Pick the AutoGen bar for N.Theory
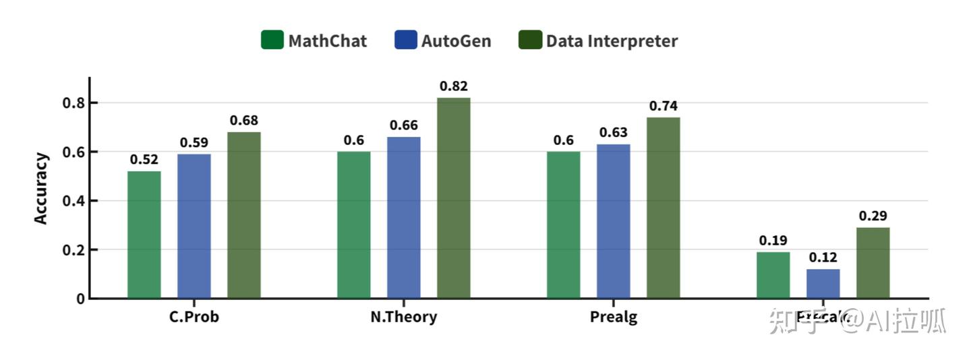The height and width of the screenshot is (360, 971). tap(403, 217)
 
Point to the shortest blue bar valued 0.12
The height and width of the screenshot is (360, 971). tap(823, 283)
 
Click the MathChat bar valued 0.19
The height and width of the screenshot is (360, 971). tap(773, 275)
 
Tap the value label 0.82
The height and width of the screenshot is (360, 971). tap(454, 86)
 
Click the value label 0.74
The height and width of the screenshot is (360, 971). tap(664, 106)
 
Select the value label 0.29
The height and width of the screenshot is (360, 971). tap(873, 216)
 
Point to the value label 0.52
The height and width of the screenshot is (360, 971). tap(144, 160)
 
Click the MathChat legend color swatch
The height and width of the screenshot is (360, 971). tap(272, 40)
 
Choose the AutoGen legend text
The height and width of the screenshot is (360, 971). tap(457, 41)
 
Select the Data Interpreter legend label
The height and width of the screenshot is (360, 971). tap(612, 41)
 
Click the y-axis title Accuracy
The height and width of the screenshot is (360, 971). tap(42, 189)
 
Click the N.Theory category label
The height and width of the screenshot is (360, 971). tap(403, 317)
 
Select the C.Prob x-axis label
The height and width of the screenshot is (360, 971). tap(194, 317)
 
